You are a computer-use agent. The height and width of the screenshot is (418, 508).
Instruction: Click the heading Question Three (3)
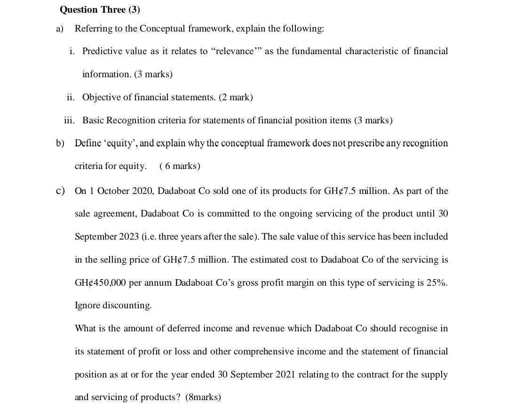click(100, 10)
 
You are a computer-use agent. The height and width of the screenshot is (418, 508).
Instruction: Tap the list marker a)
click(60, 29)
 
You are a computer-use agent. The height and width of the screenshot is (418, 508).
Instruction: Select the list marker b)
click(60, 143)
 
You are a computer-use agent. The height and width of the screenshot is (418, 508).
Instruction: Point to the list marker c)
click(60, 191)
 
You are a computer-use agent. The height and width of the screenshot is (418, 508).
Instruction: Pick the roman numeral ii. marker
click(71, 97)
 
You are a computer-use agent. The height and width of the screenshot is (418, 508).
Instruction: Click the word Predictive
click(103, 51)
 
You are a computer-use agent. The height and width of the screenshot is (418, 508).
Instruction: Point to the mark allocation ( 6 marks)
click(180, 166)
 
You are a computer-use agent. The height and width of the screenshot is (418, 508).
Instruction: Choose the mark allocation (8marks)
click(203, 397)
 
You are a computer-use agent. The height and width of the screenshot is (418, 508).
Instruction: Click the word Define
click(88, 143)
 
